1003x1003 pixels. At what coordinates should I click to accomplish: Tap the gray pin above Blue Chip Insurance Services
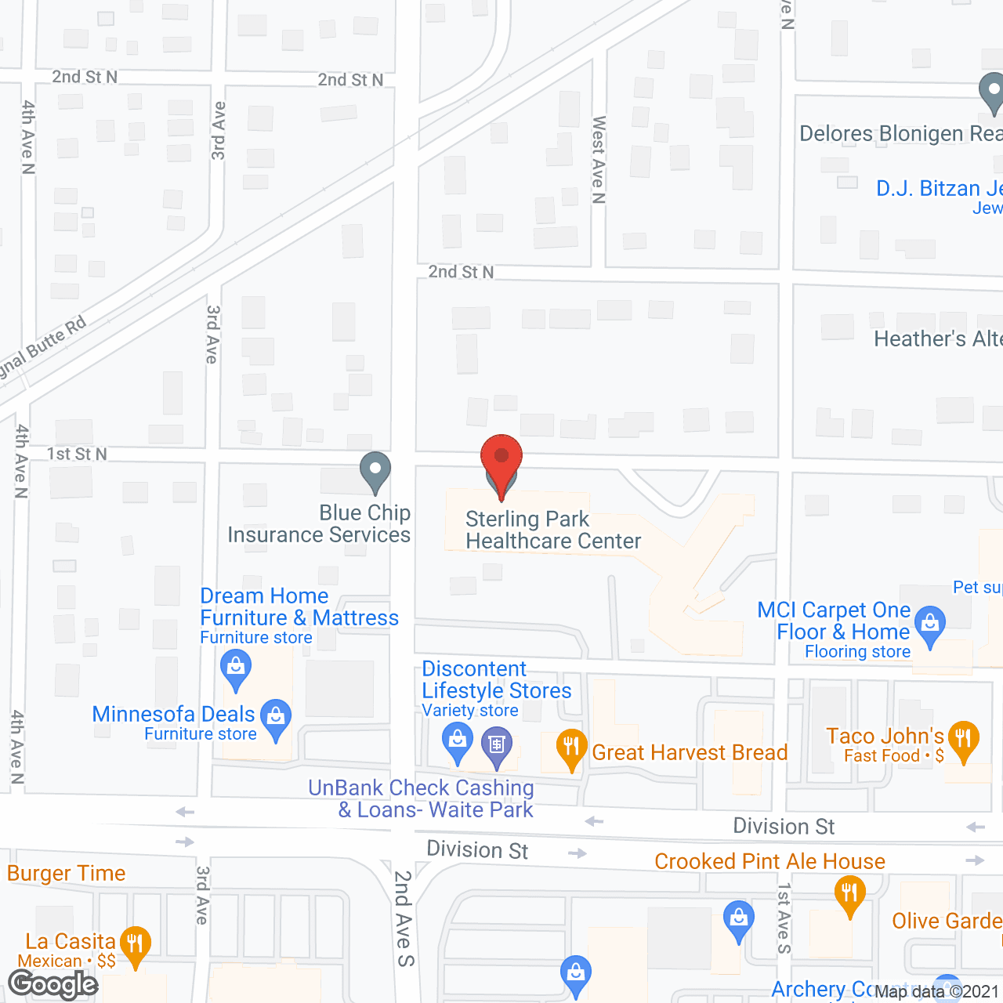[x=375, y=471]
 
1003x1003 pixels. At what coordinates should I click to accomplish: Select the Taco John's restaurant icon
[x=963, y=739]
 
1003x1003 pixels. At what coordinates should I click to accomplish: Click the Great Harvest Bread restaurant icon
[x=572, y=747]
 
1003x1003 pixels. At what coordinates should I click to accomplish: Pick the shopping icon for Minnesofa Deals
[x=276, y=717]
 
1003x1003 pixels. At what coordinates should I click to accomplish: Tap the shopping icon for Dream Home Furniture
[x=236, y=668]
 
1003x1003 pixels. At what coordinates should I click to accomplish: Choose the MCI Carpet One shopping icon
[x=930, y=625]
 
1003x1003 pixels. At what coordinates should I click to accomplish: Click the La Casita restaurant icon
[x=136, y=943]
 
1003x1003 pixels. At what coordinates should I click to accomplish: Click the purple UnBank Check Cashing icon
[x=497, y=744]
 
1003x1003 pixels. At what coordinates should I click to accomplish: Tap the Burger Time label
[x=67, y=873]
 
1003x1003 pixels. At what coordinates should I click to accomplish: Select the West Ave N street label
[x=599, y=160]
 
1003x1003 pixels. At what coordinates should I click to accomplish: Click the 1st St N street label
[x=77, y=454]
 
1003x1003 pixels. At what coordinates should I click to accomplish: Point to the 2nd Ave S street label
[x=404, y=918]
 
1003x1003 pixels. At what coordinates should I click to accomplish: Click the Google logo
[x=53, y=984]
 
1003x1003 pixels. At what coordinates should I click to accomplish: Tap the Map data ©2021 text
[x=936, y=991]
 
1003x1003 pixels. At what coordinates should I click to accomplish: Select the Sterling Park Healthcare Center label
[x=552, y=530]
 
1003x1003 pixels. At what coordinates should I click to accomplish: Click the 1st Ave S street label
[x=784, y=918]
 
